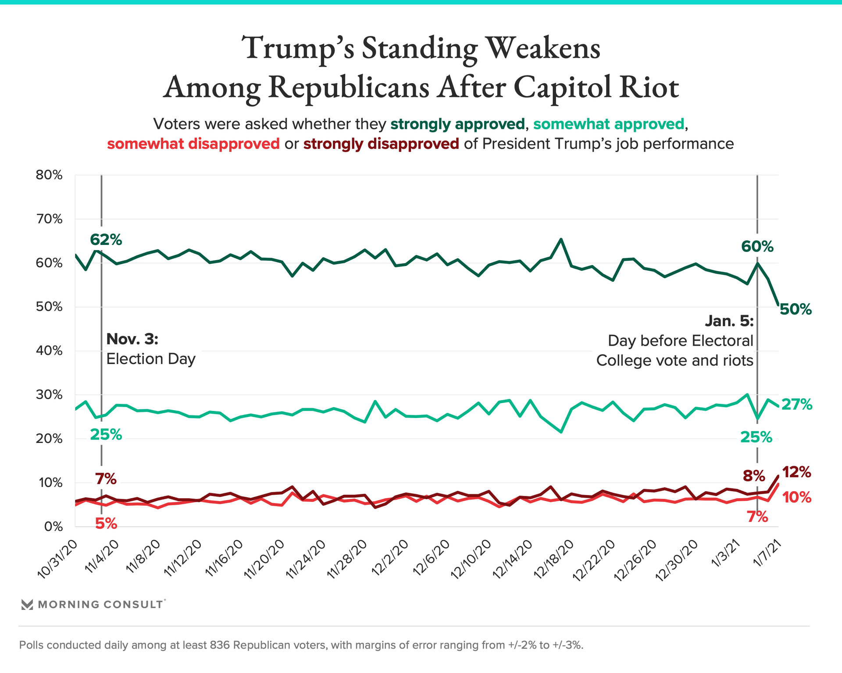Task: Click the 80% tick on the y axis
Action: point(49,175)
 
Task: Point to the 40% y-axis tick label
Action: point(49,351)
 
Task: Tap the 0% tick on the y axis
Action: point(53,527)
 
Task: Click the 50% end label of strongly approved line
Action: point(796,310)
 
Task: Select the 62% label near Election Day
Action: point(106,240)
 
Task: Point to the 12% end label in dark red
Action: point(796,472)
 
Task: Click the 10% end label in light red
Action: point(796,498)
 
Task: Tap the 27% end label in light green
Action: point(796,404)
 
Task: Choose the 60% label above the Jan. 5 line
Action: point(757,247)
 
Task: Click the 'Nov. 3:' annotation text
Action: point(132,339)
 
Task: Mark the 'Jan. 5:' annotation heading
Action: point(729,321)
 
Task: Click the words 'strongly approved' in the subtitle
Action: point(457,124)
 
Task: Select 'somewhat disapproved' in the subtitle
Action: point(193,144)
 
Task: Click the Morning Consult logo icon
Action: point(27,605)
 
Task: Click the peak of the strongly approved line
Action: point(561,239)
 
